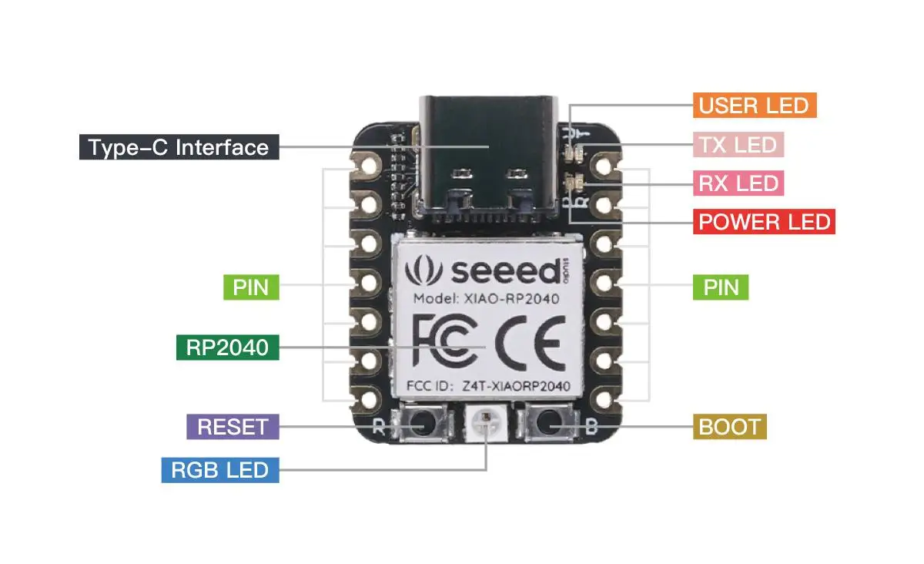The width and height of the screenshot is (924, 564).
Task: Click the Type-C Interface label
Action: [x=179, y=147]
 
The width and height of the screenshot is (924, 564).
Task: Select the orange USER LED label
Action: [x=755, y=106]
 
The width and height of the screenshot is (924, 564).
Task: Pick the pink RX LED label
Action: [x=738, y=183]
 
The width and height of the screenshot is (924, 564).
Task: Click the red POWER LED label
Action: [x=765, y=222]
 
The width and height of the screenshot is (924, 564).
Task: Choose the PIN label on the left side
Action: [x=251, y=287]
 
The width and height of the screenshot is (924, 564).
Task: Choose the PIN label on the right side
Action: [x=721, y=287]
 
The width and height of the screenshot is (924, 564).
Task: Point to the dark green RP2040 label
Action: [x=227, y=347]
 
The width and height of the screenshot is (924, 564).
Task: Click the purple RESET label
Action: [x=233, y=427]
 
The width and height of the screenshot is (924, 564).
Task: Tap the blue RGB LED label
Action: [x=220, y=470]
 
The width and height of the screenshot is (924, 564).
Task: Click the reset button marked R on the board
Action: [x=420, y=424]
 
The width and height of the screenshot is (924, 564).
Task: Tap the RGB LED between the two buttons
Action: [x=485, y=423]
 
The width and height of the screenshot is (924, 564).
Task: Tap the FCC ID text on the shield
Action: [x=487, y=385]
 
